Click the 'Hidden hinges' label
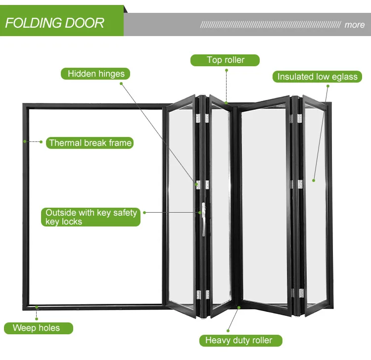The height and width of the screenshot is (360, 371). click(x=96, y=74)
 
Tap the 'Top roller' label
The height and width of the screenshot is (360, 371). click(x=226, y=60)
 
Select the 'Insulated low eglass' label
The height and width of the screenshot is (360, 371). click(x=317, y=77)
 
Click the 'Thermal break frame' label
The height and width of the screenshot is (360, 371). click(x=91, y=143)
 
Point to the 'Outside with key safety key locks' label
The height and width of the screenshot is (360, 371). click(x=91, y=217)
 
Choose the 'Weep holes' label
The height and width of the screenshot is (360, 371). click(x=36, y=328)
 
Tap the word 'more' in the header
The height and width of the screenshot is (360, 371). click(x=354, y=25)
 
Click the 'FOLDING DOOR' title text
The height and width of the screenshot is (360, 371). click(x=54, y=23)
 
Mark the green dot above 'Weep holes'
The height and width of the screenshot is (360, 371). click(x=37, y=307)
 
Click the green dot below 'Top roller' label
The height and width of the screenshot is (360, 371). click(x=227, y=70)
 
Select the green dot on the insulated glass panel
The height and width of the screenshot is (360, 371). click(x=313, y=180)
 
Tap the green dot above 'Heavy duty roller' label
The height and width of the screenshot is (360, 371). click(x=238, y=308)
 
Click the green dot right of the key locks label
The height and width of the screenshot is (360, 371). click(x=144, y=213)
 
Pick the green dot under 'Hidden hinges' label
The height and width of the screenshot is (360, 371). click(x=121, y=83)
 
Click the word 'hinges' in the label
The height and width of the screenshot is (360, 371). click(x=111, y=74)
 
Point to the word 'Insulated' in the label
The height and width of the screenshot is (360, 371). click(x=295, y=77)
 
